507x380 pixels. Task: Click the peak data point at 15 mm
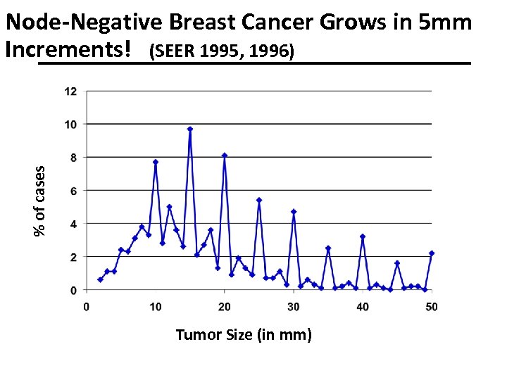[x=190, y=129]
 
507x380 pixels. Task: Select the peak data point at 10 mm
[x=156, y=162]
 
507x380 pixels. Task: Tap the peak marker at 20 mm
[x=225, y=156]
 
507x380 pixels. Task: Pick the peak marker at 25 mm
[x=259, y=200]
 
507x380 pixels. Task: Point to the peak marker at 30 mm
[x=294, y=212]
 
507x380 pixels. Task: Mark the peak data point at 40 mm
[x=363, y=236]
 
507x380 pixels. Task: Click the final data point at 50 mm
[x=432, y=253]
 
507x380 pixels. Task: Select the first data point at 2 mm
[x=100, y=279]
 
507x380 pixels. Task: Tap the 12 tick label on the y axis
[x=71, y=91]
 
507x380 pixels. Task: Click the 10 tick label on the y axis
[x=71, y=124]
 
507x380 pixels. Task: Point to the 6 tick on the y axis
[x=74, y=191]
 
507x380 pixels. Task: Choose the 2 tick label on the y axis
[x=74, y=257]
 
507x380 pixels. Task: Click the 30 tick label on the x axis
[x=294, y=306]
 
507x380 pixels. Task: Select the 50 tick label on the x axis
[x=432, y=306]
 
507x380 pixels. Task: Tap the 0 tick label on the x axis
[x=87, y=306]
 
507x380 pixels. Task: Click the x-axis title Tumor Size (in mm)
[x=243, y=334]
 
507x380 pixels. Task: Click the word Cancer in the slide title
[x=277, y=23]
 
